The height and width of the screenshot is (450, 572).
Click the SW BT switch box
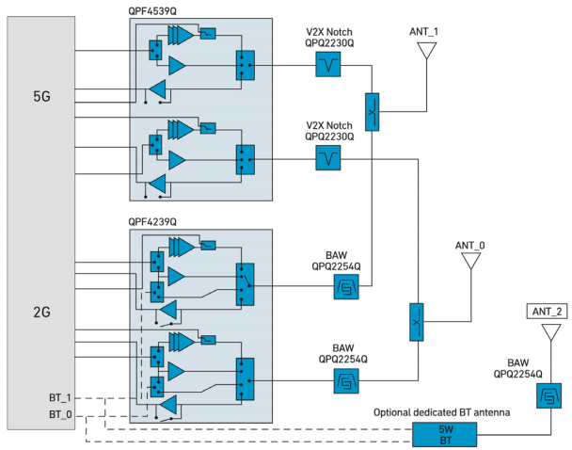(x=446, y=434)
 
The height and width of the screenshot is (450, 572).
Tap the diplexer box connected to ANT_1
(x=372, y=111)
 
